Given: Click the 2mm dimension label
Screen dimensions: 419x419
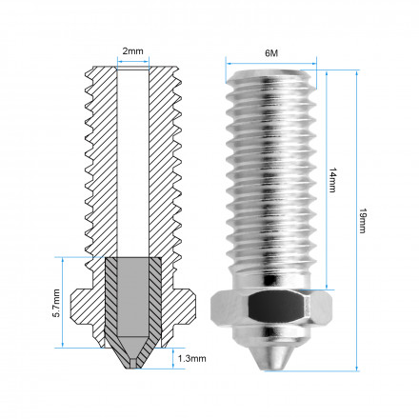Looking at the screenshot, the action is tap(132, 51).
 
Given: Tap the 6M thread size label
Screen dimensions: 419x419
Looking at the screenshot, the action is tap(271, 52).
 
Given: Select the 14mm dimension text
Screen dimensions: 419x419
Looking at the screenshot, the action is tap(332, 180).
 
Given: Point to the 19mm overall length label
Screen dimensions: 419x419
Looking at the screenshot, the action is tap(363, 221).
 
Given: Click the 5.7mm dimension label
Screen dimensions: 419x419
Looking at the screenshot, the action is tap(56, 303).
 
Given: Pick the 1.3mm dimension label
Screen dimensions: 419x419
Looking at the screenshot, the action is tap(191, 359).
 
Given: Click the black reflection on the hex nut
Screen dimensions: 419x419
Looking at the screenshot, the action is tap(275, 307).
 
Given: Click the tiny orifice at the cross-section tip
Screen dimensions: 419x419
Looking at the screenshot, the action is tap(132, 364).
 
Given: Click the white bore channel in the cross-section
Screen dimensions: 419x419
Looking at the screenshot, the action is tap(132, 162).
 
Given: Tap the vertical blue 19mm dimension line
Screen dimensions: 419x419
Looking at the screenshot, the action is tap(357, 220).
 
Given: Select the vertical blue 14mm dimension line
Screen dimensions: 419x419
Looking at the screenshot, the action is tap(327, 180).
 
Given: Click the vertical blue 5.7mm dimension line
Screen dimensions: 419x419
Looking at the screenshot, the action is tap(63, 303).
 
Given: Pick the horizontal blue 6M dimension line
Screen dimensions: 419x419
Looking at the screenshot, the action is tap(271, 64).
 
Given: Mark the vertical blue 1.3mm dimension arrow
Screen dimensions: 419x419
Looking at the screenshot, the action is tap(173, 358).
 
